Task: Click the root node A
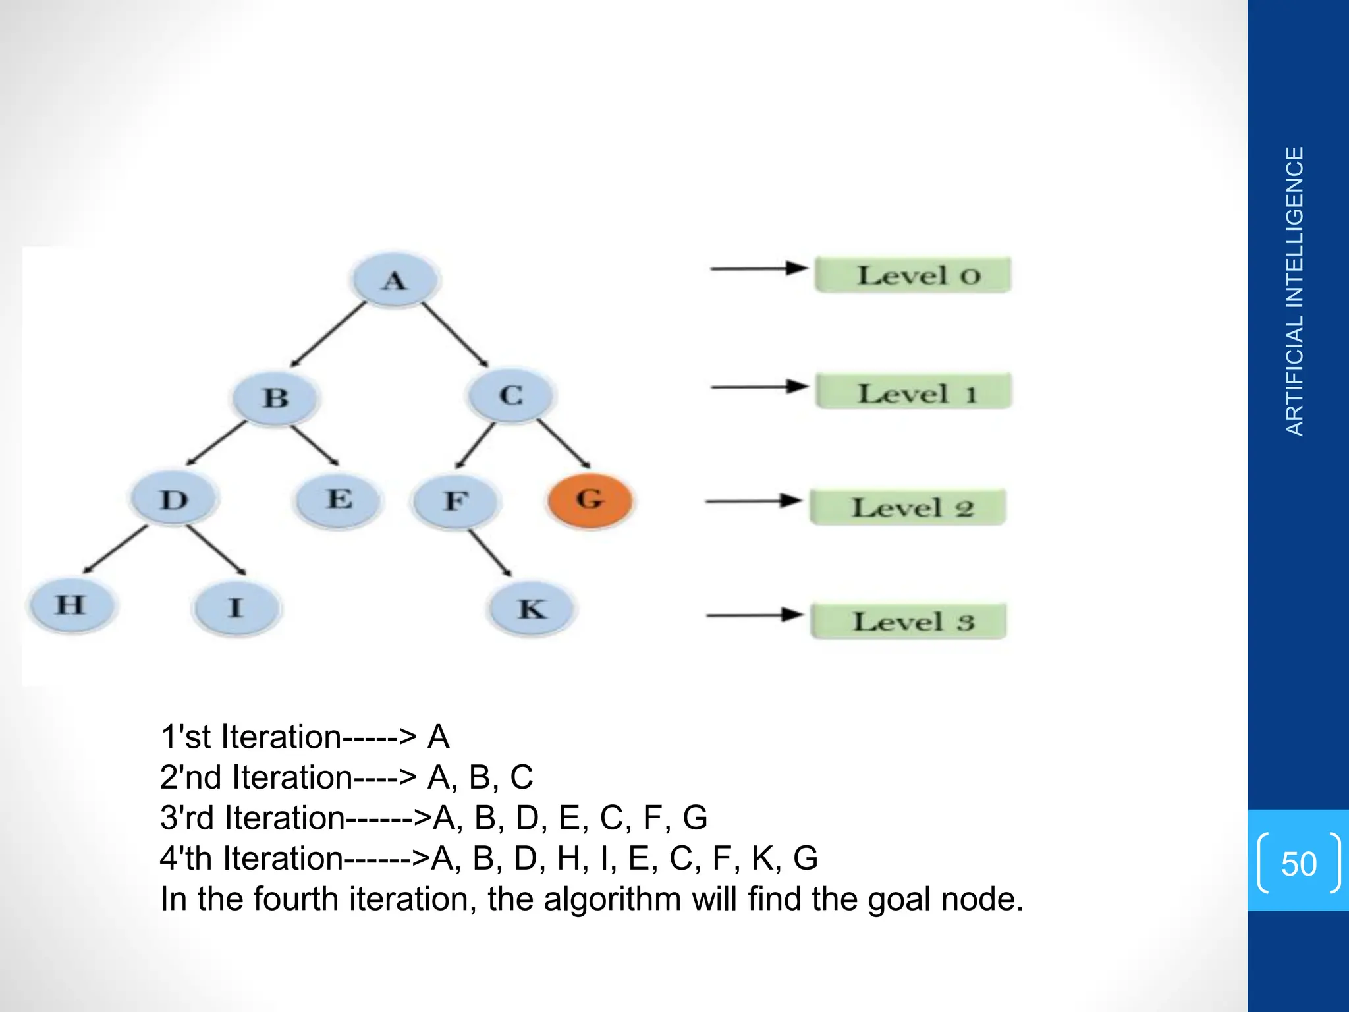tap(395, 280)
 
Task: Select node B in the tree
tap(275, 397)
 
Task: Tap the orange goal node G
tap(590, 499)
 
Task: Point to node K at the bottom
tap(532, 608)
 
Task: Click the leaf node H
tap(71, 604)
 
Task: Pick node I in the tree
tap(236, 607)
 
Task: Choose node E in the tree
tap(339, 499)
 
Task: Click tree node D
tap(174, 499)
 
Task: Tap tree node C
tap(511, 395)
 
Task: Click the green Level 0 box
tap(912, 275)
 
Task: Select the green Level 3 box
tap(908, 621)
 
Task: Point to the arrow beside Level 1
tap(759, 387)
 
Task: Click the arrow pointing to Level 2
tap(754, 501)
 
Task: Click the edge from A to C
tap(455, 335)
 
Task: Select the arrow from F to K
tap(490, 553)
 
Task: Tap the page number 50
tap(1298, 863)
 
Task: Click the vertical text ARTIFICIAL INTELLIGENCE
tap(1294, 291)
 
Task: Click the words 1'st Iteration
tap(250, 737)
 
